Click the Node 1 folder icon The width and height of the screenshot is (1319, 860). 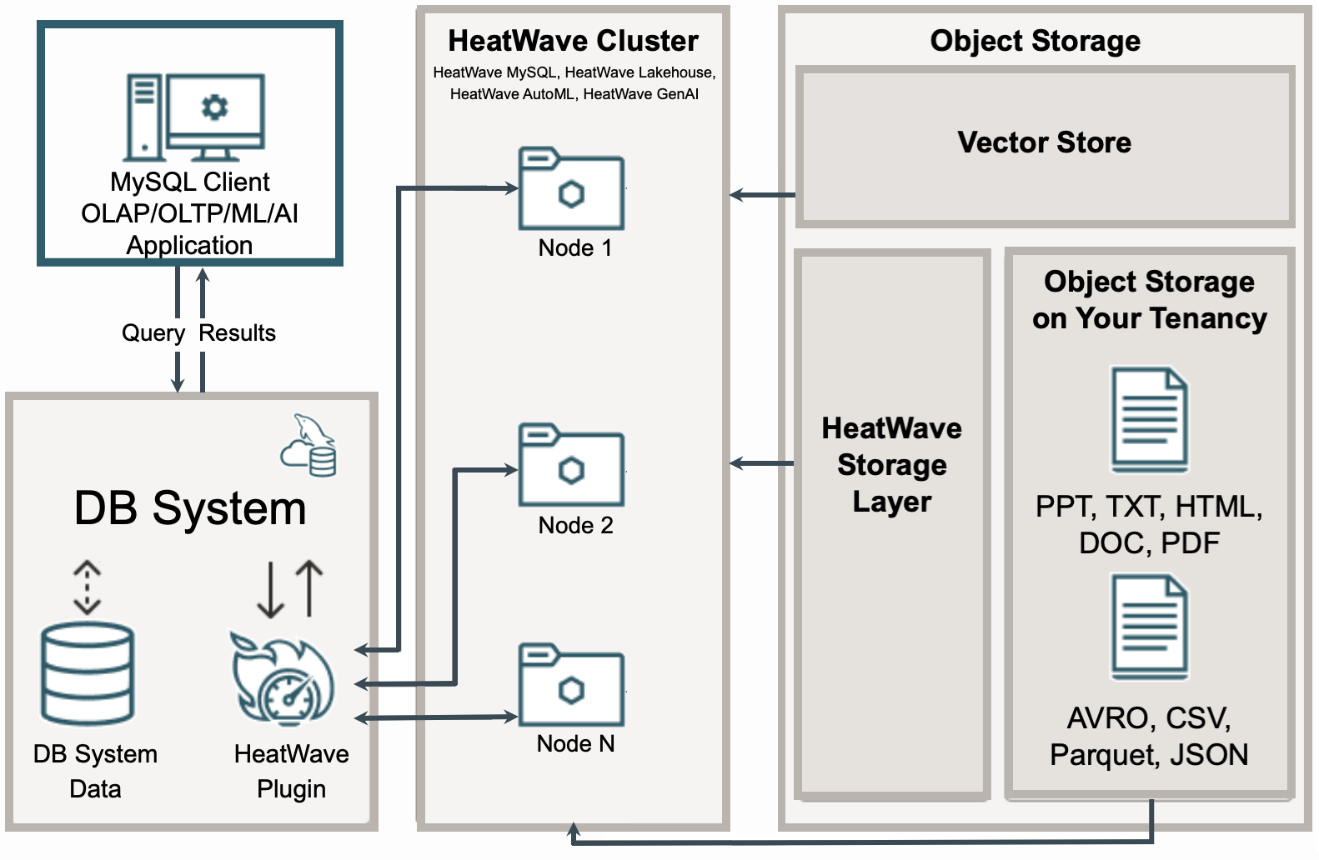click(571, 189)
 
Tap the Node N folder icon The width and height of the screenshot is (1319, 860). click(571, 685)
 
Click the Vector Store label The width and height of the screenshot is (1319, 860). click(1044, 142)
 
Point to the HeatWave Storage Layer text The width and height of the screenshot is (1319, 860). click(891, 464)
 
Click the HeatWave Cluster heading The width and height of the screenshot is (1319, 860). click(573, 41)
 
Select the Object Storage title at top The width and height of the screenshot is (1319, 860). click(1035, 41)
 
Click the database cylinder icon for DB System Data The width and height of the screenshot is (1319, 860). click(88, 673)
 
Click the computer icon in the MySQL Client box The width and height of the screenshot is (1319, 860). click(195, 117)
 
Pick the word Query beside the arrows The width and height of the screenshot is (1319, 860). click(153, 333)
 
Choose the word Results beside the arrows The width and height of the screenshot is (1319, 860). click(237, 333)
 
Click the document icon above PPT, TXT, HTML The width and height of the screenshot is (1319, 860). click(1149, 420)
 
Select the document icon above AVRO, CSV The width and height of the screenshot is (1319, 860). click(1149, 627)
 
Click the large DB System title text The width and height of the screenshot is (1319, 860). click(190, 508)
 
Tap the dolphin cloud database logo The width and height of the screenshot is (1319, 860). click(309, 446)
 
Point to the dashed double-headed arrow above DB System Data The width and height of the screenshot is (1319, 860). click(87, 587)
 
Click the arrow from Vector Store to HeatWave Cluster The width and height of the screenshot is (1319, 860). click(762, 195)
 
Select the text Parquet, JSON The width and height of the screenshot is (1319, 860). click(1148, 755)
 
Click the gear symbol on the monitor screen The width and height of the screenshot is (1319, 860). click(215, 107)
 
